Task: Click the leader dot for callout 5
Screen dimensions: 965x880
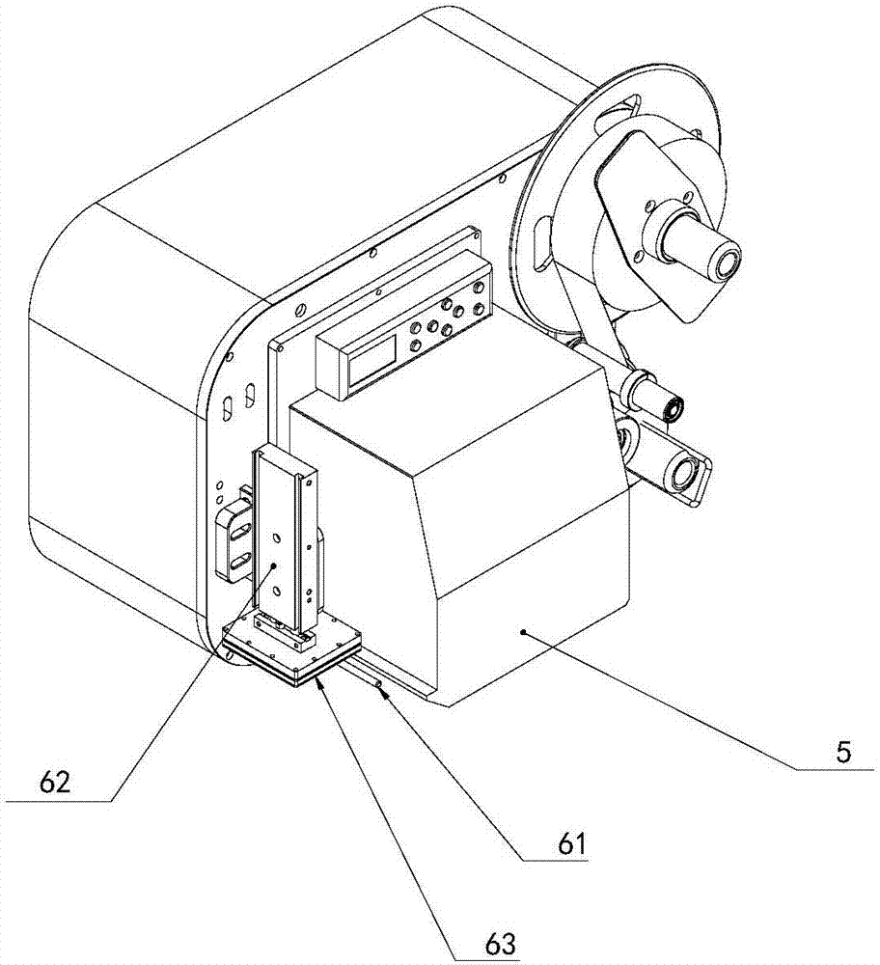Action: (x=522, y=632)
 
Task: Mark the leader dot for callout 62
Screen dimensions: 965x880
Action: (x=273, y=566)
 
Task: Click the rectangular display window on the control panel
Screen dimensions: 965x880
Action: (x=372, y=366)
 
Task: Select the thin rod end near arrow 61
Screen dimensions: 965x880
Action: (x=380, y=688)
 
